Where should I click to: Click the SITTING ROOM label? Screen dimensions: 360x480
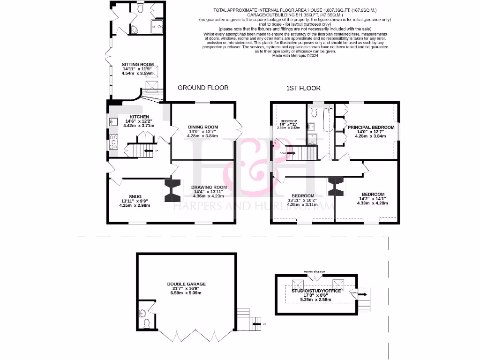coord(138,64)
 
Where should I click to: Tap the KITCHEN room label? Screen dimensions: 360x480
coord(139,117)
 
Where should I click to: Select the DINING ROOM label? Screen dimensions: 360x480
coord(203,127)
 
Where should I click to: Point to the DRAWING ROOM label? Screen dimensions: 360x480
coord(210,187)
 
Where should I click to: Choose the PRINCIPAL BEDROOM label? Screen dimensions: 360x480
coord(371,127)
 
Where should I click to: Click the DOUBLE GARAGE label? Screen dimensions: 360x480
coord(186,284)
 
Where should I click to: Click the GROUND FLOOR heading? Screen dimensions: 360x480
coord(202,88)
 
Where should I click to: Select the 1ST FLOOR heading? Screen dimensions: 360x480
coord(303,88)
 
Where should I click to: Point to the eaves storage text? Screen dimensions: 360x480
coord(314,272)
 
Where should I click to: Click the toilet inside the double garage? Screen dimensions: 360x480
coord(146,322)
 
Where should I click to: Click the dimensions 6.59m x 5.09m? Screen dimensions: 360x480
coord(186,293)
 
